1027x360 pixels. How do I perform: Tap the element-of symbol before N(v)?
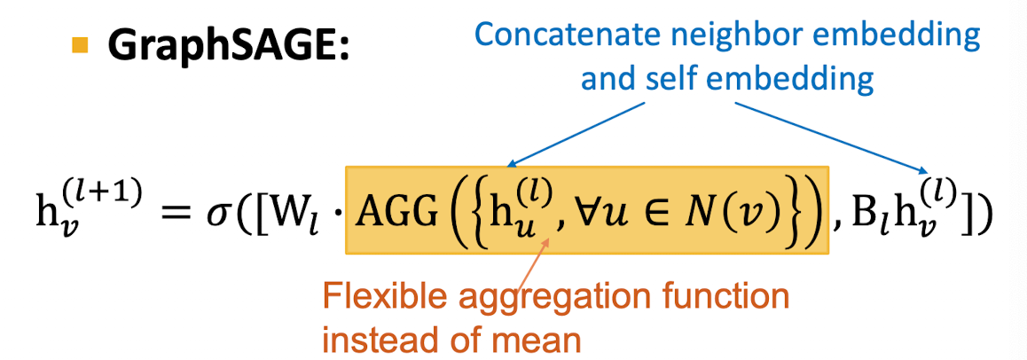coord(658,218)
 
